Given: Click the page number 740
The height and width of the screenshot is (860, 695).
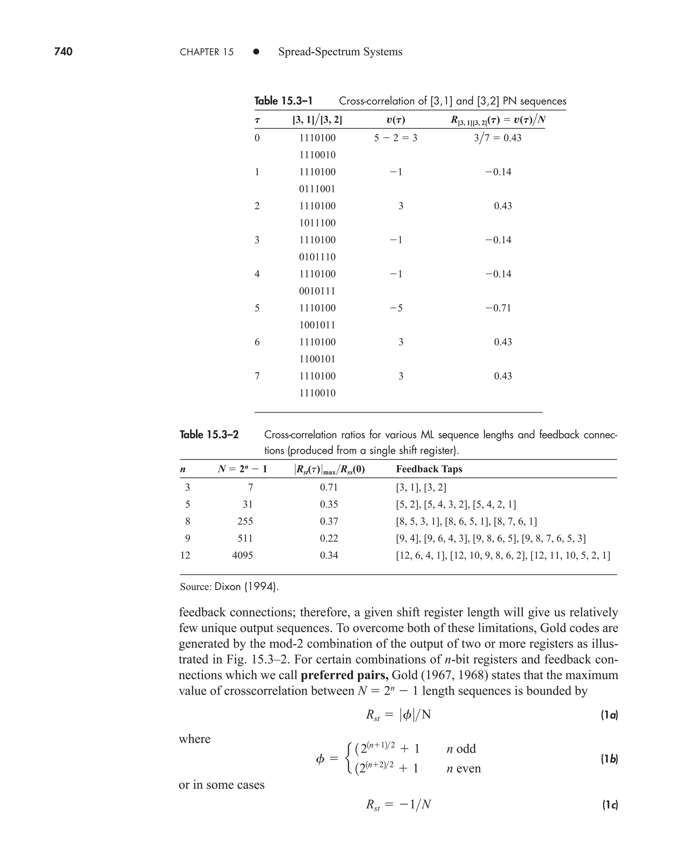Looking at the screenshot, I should point(63,52).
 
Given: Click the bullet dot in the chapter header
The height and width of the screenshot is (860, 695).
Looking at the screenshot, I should point(256,52).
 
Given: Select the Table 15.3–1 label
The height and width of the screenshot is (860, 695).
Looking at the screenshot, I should point(283,101).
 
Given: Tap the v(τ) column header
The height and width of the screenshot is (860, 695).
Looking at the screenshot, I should point(396,120).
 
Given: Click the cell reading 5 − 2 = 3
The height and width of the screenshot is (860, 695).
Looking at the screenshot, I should point(396,138).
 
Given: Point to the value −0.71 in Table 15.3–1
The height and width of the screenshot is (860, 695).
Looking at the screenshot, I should point(498,308).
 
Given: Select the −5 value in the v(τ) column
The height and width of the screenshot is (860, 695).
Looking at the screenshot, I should point(396,308).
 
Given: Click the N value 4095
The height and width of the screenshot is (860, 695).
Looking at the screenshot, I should point(242,555).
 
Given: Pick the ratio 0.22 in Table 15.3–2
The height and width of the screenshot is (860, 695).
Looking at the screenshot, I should point(329,538).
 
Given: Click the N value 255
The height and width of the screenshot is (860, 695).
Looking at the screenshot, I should point(245,521).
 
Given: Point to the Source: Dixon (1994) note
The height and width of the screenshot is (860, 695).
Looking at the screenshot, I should point(229,587).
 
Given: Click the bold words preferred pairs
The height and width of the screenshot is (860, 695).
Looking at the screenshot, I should point(344,675).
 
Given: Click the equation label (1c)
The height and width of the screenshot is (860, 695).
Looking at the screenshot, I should point(610,805).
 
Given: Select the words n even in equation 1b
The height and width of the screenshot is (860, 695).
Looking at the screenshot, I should point(463,768).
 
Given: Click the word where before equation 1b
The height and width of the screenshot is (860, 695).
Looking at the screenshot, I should point(194,739).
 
